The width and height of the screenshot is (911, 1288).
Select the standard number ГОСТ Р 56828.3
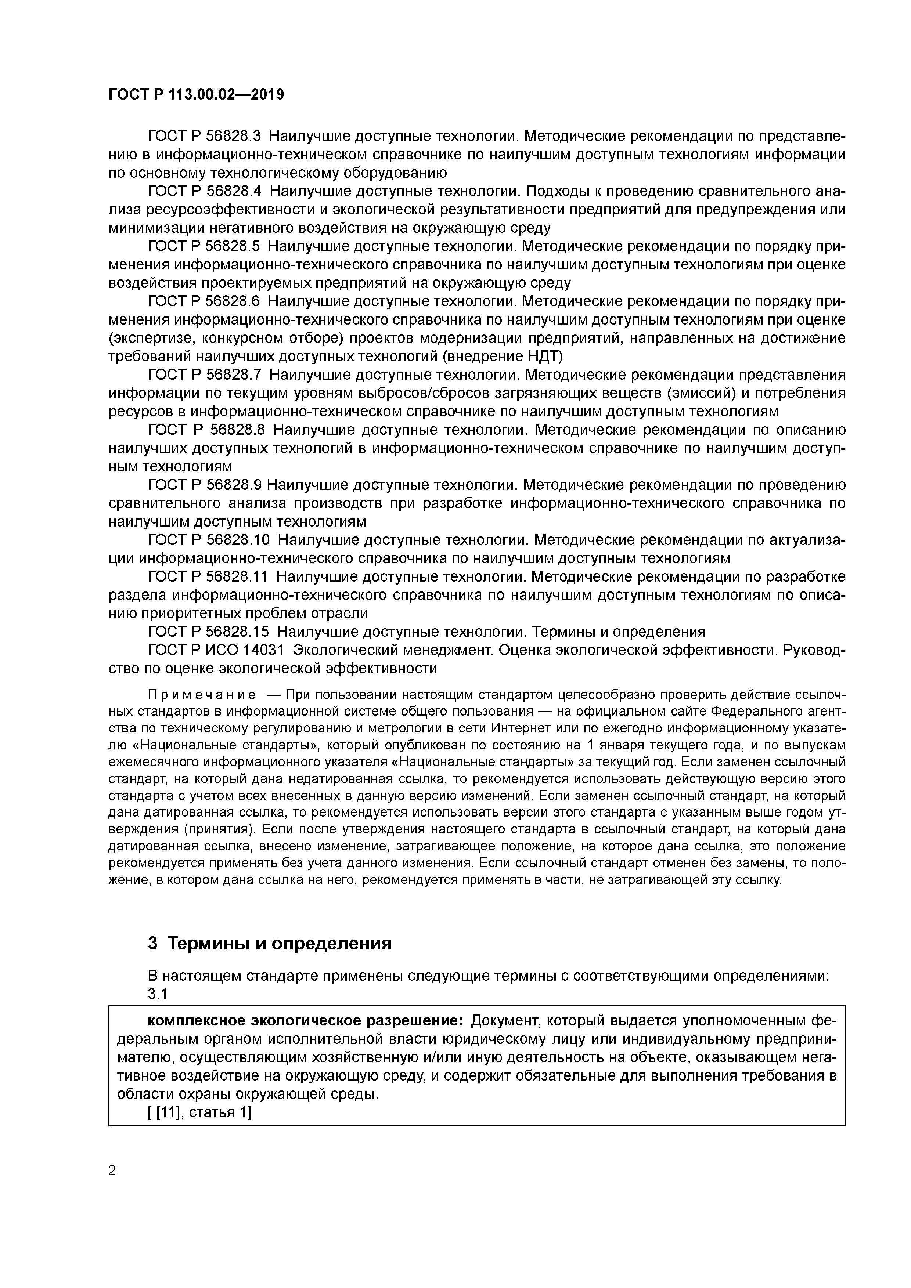click(204, 136)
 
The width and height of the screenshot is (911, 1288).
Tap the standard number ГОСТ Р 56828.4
click(204, 191)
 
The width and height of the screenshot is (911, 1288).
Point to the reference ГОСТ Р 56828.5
click(204, 246)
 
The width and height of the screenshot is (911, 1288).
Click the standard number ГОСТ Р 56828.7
click(204, 375)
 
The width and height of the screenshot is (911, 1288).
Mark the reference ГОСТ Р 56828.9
click(204, 485)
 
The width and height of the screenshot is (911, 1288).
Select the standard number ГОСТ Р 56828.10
click(209, 540)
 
